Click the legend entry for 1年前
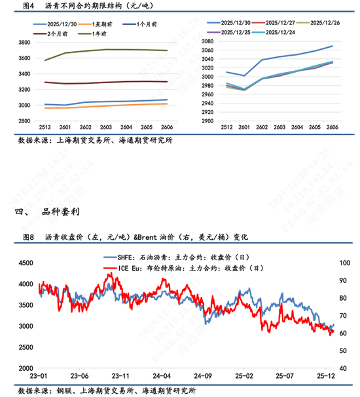point(101,31)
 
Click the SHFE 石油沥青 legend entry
point(183,257)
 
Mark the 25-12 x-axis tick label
point(327,377)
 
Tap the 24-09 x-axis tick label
point(204,377)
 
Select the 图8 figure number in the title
point(28,236)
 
